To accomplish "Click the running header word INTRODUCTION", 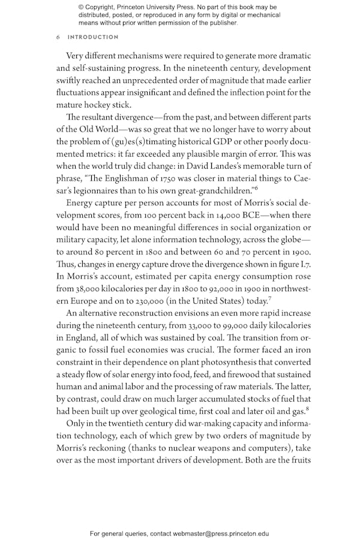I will (x=93, y=37).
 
